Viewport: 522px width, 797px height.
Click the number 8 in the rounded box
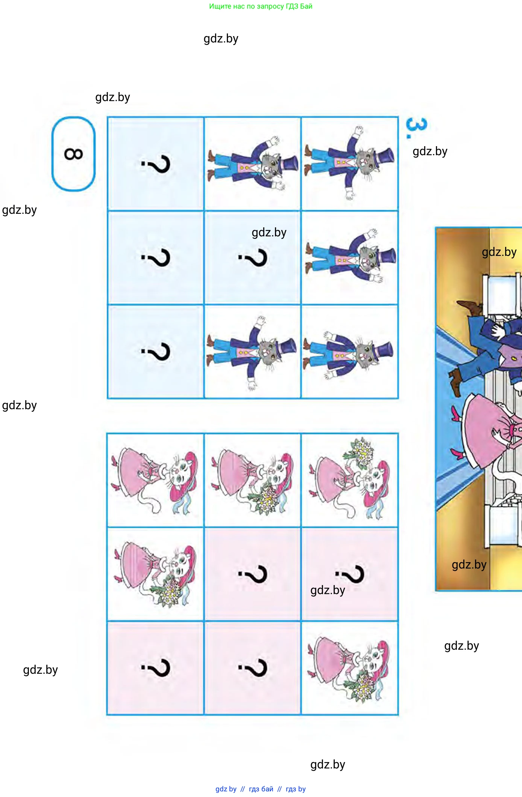73,154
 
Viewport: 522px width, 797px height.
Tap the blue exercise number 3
416,128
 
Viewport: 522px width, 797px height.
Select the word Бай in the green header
306,6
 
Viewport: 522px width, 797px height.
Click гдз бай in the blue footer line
261,789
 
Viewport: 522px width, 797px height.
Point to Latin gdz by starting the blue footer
226,789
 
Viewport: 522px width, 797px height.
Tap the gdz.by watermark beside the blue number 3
430,151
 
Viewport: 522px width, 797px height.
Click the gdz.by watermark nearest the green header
221,39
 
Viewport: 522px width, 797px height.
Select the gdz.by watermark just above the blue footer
328,765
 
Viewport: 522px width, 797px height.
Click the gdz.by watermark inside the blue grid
269,233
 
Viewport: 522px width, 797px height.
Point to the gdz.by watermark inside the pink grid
328,590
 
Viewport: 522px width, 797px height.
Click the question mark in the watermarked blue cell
253,258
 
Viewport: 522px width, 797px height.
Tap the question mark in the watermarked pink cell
350,574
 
